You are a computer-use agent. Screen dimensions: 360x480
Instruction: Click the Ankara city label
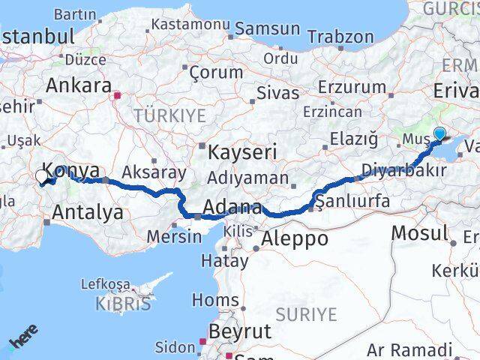pyautogui.click(x=78, y=85)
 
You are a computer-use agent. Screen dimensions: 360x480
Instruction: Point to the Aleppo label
pyautogui.click(x=295, y=238)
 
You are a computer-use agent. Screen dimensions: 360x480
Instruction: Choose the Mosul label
pyautogui.click(x=421, y=232)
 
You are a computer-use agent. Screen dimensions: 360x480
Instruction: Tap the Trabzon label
pyautogui.click(x=340, y=36)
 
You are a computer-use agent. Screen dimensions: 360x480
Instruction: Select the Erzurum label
pyautogui.click(x=351, y=87)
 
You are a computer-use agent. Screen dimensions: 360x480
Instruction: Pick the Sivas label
pyautogui.click(x=277, y=94)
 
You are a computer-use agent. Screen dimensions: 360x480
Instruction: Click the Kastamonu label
pyautogui.click(x=190, y=24)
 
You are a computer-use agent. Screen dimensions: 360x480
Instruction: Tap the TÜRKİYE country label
pyautogui.click(x=169, y=115)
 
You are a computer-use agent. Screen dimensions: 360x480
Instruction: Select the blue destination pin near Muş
pyautogui.click(x=439, y=134)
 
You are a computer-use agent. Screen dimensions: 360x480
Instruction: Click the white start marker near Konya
pyautogui.click(x=42, y=177)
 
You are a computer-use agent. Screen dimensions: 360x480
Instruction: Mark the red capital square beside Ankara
pyautogui.click(x=116, y=95)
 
